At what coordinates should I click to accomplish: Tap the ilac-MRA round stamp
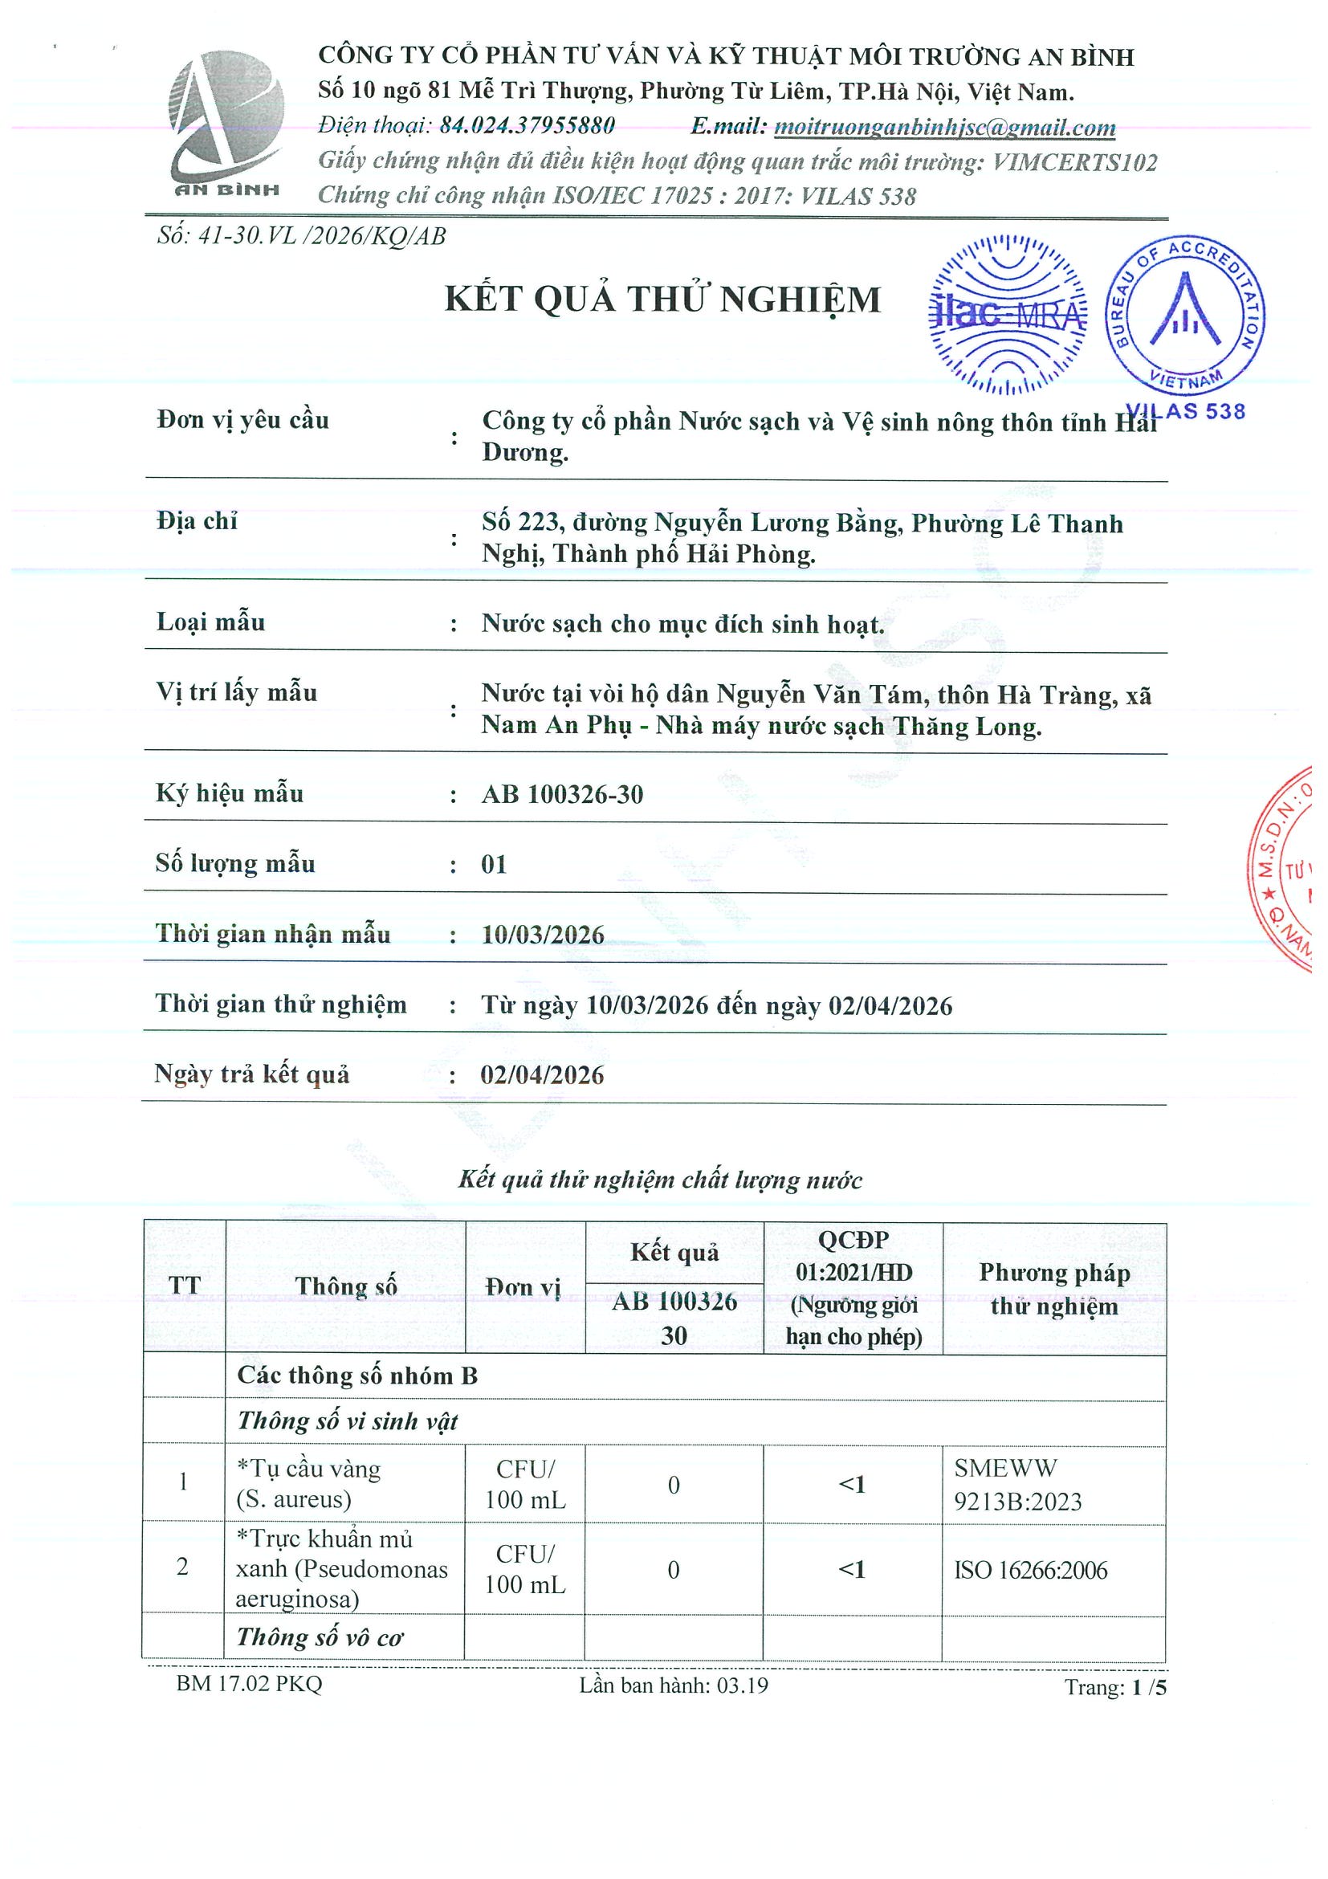1008,314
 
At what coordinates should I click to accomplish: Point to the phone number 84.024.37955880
527,126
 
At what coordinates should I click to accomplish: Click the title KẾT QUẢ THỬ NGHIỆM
662,300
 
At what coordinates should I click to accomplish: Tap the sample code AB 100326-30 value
562,794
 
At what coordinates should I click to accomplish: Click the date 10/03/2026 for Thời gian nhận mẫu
543,935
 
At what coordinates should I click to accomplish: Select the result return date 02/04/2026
542,1074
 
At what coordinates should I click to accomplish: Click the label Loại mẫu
210,622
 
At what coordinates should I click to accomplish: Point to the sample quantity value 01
494,864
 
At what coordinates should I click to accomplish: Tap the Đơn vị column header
523,1287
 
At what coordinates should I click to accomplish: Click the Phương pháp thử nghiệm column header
1054,1289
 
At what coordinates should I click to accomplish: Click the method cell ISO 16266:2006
1030,1570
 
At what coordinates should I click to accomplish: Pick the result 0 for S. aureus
674,1485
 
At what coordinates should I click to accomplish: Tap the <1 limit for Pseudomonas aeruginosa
852,1569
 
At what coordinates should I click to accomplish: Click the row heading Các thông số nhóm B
356,1375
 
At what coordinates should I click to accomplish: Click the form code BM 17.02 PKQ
249,1683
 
